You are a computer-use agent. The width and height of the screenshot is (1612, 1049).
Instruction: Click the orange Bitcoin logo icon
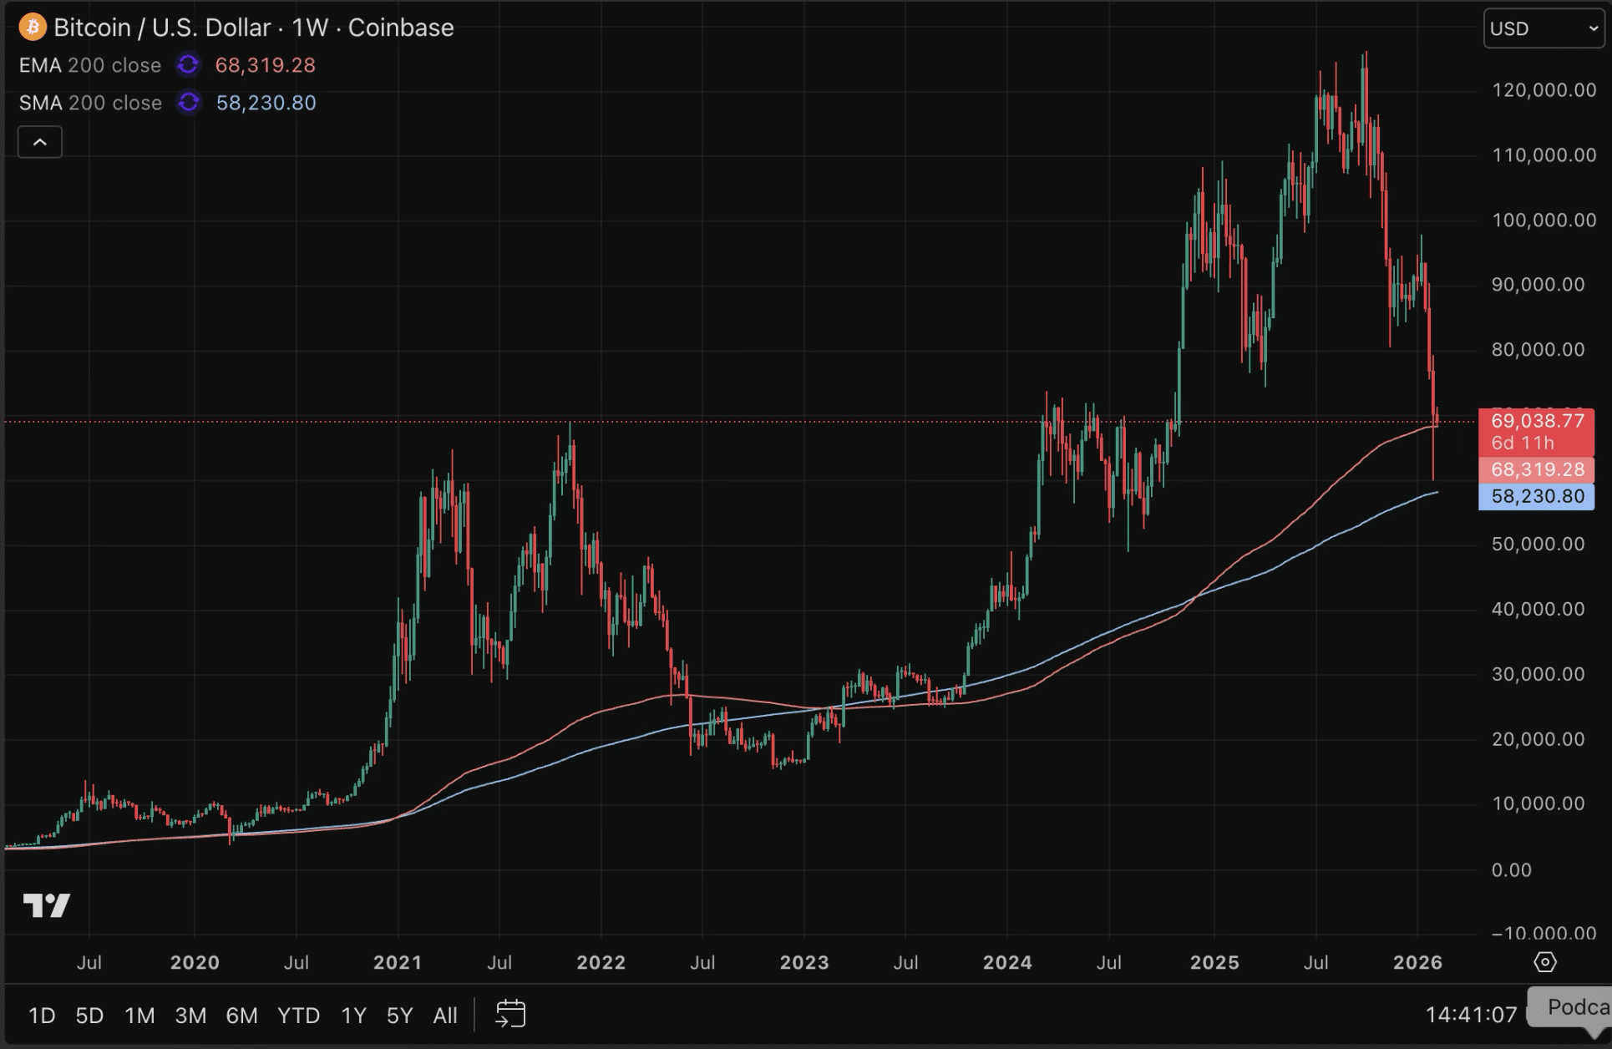point(32,28)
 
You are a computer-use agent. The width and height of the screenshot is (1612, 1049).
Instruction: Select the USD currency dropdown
point(1544,29)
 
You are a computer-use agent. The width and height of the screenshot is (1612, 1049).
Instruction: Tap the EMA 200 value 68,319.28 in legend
point(265,65)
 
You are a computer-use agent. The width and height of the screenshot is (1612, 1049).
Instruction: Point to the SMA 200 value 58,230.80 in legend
point(266,103)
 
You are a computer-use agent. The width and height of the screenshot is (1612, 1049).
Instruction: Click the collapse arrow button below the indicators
point(40,142)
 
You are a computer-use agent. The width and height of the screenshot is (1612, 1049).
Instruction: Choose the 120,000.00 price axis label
point(1544,90)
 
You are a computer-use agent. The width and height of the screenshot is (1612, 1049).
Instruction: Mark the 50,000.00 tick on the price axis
point(1538,545)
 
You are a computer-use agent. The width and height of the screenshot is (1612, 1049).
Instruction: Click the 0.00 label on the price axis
point(1512,870)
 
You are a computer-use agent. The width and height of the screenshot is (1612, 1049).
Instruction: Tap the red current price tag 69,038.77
point(1537,420)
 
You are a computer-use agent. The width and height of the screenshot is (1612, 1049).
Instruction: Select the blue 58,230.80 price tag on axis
point(1537,496)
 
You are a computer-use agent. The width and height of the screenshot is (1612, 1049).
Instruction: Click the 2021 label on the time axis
point(398,962)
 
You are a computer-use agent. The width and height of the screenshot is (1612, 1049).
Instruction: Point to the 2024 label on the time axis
point(1007,962)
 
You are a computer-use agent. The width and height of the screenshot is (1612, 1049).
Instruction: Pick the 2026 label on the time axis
point(1417,962)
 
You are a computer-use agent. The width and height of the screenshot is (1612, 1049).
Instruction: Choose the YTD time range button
point(298,1016)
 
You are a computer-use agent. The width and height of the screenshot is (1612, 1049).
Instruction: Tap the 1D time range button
point(42,1016)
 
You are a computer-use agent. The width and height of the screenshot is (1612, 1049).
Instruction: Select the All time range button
point(445,1016)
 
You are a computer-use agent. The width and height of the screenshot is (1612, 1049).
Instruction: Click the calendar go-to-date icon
point(510,1015)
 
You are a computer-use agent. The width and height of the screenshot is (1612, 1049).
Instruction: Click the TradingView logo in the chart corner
point(47,905)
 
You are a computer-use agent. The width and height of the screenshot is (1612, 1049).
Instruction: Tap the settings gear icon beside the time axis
point(1545,962)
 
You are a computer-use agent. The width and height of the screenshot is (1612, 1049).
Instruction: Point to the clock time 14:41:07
point(1470,1015)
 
